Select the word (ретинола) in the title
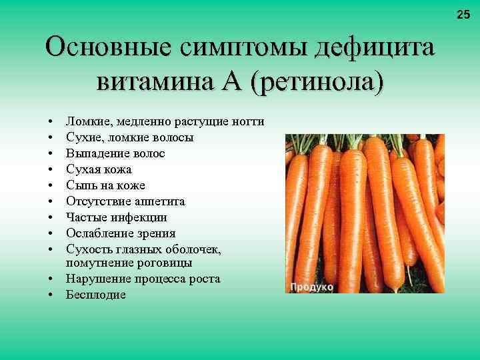(319, 83)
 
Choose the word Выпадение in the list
(93, 153)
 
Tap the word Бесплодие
(96, 295)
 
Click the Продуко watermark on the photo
(311, 287)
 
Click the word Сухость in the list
(87, 249)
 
